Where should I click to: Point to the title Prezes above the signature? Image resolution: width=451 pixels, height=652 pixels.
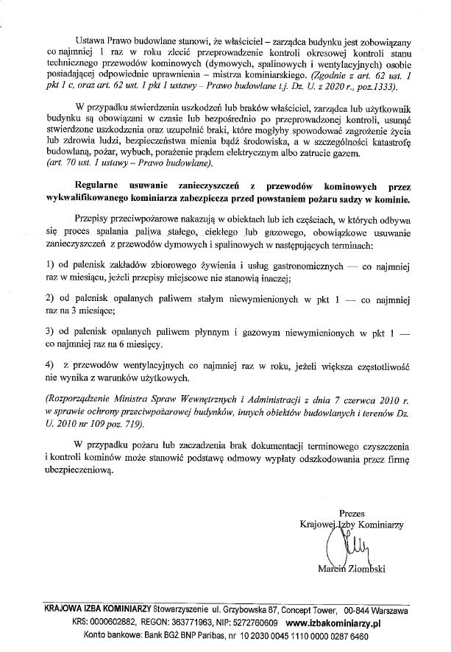pos(352,513)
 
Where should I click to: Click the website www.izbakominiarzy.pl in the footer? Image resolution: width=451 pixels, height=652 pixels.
pos(341,622)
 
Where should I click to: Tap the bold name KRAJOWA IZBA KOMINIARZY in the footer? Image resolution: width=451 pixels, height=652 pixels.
pos(97,610)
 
